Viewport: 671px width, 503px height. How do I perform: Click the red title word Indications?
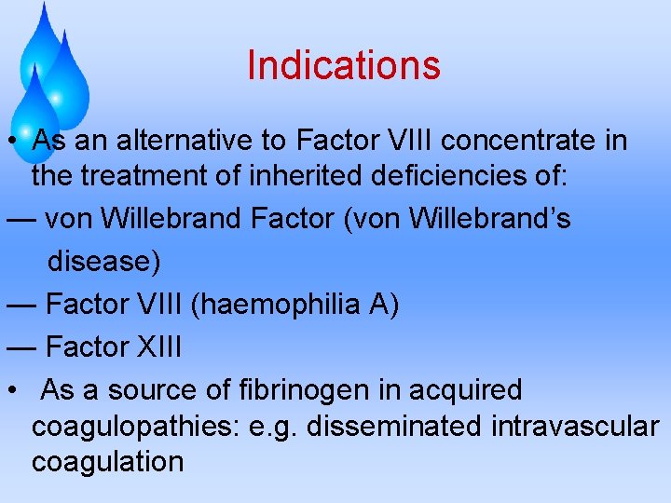click(x=343, y=65)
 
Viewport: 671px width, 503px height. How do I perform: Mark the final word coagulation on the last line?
click(x=107, y=460)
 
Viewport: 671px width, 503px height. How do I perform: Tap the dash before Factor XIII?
click(x=21, y=347)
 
